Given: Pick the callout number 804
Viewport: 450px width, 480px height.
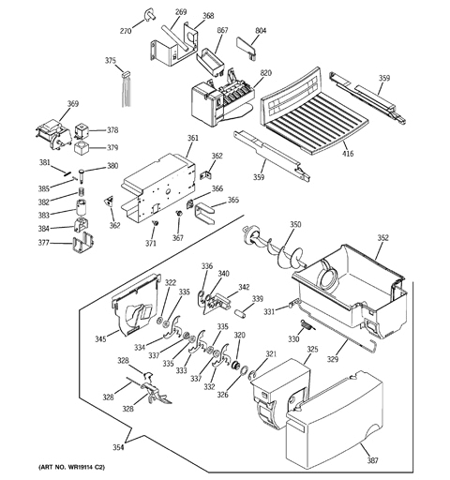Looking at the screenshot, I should point(261,31).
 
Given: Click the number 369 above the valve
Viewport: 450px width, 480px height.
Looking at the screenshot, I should point(72,106).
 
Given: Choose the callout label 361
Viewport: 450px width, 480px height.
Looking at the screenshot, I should point(193,138).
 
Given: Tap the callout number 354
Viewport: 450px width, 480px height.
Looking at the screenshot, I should point(118,447).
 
